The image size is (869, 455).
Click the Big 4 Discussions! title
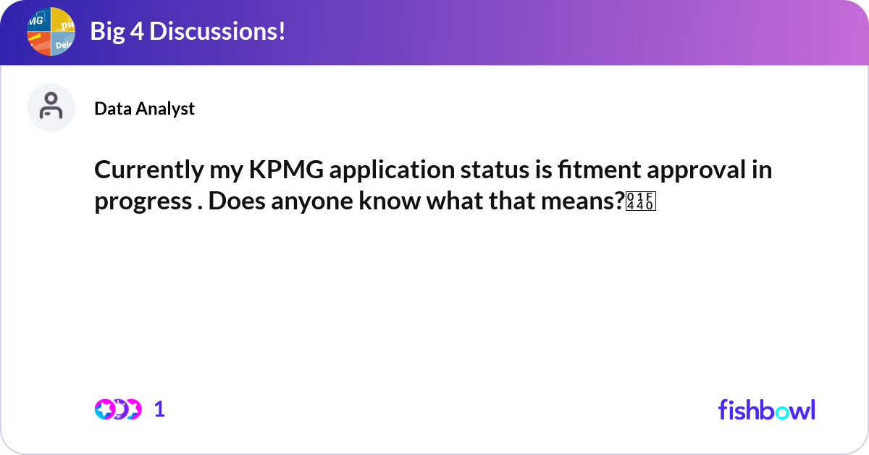pos(187,32)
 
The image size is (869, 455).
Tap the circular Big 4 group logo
pos(51,32)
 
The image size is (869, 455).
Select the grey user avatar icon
pos(51,107)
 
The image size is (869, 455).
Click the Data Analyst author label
pos(144,109)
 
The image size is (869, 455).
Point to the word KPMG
pos(285,171)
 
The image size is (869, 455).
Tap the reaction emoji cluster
pos(118,409)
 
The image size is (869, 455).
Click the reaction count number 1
pos(159,409)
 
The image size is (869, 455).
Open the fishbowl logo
pos(766,409)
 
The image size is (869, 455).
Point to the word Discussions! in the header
pos(214,32)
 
